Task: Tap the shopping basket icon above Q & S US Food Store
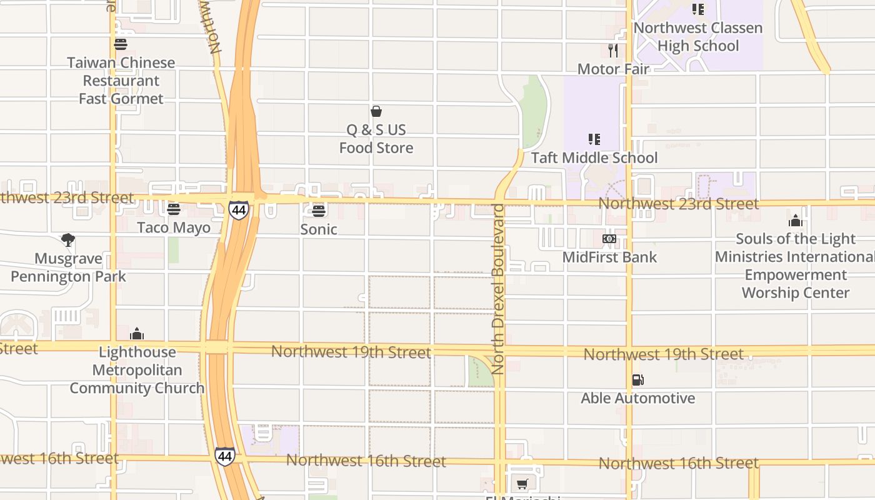click(376, 112)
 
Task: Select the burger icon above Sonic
click(319, 211)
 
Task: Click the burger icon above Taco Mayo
click(174, 209)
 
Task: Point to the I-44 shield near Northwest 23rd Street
click(238, 210)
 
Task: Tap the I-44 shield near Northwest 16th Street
click(225, 456)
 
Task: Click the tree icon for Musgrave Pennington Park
click(68, 240)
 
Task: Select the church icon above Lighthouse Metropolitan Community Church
click(137, 334)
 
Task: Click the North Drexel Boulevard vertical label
click(498, 289)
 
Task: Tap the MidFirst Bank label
click(609, 257)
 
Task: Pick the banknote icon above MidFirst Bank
click(609, 239)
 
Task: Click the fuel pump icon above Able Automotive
click(637, 380)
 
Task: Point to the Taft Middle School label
click(594, 157)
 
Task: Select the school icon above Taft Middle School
click(594, 139)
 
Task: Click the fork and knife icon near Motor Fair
click(613, 51)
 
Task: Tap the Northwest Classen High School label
click(697, 37)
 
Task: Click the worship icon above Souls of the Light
click(795, 221)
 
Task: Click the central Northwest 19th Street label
click(351, 352)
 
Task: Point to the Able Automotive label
click(637, 398)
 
